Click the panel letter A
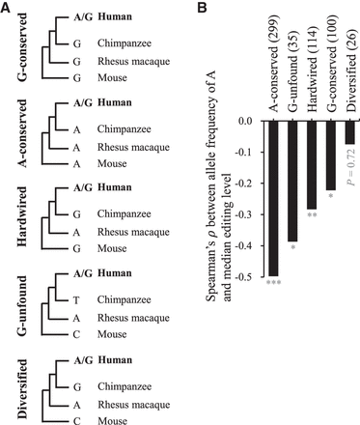pyautogui.click(x=7, y=8)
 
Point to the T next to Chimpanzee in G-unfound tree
pyautogui.click(x=76, y=291)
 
